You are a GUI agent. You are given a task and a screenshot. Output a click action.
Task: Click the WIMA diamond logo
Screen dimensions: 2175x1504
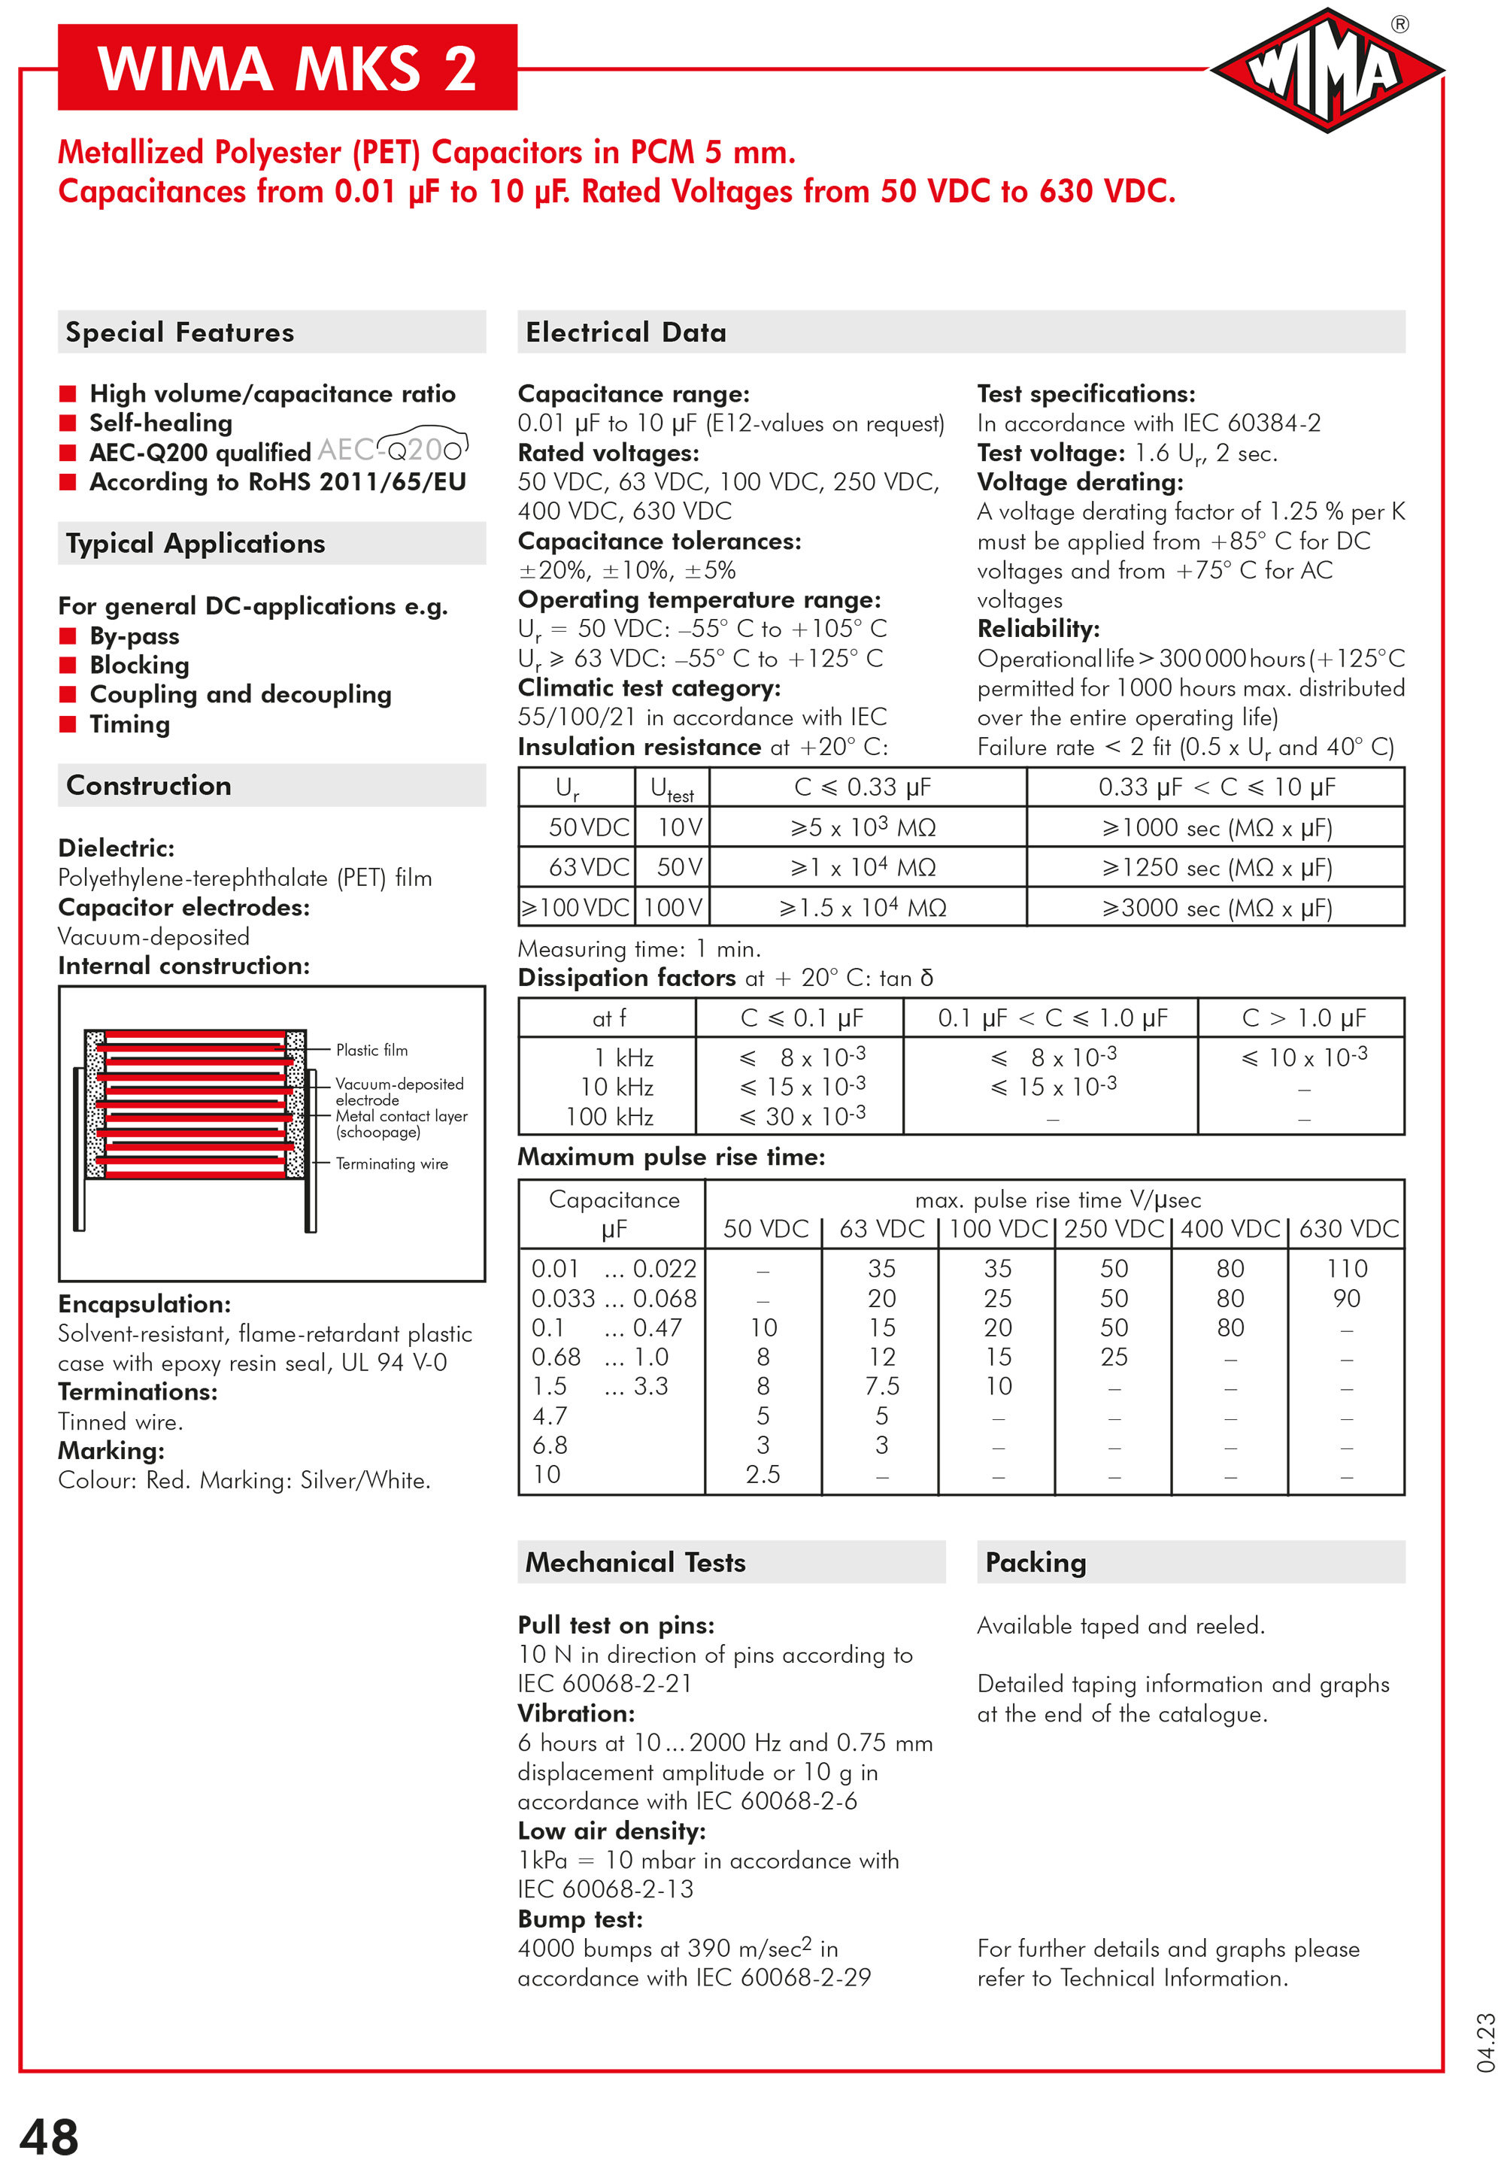(1326, 71)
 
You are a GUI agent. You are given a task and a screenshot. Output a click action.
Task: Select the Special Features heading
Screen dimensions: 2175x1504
(179, 332)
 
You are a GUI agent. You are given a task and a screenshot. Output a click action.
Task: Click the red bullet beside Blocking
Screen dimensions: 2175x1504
(68, 666)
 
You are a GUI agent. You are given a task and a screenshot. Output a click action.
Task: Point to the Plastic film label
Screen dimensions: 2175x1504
(371, 1050)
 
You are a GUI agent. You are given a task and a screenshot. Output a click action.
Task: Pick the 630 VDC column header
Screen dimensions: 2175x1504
(1348, 1229)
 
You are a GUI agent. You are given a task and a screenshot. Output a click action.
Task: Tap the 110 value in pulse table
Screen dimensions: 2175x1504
(1347, 1269)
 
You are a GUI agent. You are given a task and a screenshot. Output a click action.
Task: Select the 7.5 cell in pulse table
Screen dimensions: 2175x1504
(881, 1386)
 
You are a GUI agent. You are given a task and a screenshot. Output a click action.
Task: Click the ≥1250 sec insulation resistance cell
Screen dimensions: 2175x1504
(1216, 867)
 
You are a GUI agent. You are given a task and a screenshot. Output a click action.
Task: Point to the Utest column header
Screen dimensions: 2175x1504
(671, 788)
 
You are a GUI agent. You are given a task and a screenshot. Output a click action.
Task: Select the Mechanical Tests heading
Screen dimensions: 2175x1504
(635, 1563)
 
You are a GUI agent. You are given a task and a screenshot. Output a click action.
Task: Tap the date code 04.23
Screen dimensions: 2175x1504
(1486, 2043)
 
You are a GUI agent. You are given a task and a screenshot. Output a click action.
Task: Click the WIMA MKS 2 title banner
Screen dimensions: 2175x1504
(287, 68)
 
